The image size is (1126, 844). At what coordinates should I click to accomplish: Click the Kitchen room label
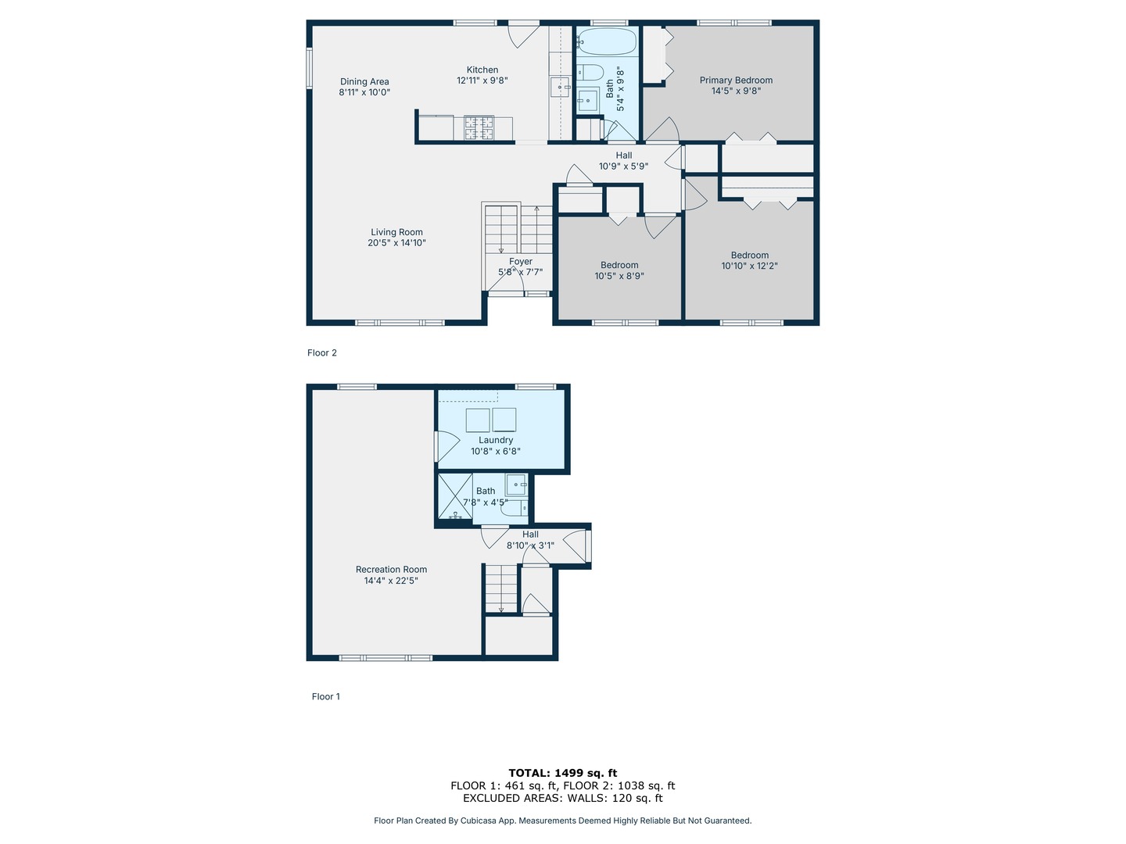[x=482, y=70]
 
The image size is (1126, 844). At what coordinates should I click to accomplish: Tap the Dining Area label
[x=364, y=81]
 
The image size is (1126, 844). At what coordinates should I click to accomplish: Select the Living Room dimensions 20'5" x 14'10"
[x=396, y=243]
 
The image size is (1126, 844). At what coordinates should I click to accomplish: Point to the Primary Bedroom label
[x=736, y=80]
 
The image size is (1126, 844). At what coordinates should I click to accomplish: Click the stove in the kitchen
[x=479, y=128]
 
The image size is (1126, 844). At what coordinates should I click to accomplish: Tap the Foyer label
[x=521, y=262]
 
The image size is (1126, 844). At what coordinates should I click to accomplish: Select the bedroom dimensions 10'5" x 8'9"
[x=619, y=276]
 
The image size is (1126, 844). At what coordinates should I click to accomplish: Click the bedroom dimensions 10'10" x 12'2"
[x=749, y=266]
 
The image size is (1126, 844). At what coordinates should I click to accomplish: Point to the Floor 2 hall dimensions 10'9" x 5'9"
[x=623, y=166]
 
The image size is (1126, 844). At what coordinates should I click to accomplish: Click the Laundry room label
[x=496, y=440]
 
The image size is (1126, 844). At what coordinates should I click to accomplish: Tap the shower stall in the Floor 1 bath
[x=454, y=497]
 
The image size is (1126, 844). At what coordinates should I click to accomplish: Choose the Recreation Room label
[x=391, y=570]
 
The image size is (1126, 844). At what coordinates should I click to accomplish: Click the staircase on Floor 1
[x=500, y=588]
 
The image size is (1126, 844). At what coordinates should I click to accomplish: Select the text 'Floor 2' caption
[x=322, y=353]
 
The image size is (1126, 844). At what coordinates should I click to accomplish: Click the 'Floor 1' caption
[x=326, y=697]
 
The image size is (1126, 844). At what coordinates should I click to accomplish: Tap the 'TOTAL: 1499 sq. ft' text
[x=563, y=773]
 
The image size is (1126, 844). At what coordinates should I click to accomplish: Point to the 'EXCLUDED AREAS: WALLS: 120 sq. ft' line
[x=563, y=798]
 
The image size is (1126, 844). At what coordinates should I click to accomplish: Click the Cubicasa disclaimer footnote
[x=563, y=821]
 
